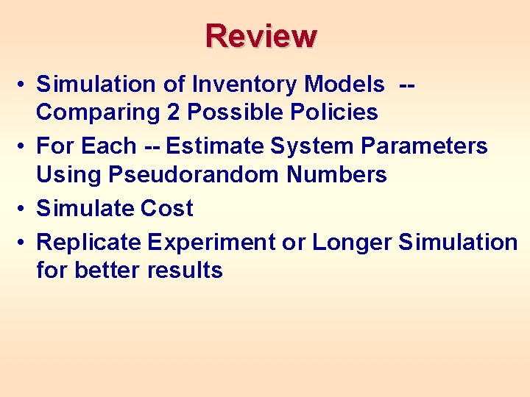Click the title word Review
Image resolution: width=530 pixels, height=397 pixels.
[x=261, y=35]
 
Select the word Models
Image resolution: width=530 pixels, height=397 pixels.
[x=344, y=85]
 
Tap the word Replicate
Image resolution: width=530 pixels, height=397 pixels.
[x=88, y=242]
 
